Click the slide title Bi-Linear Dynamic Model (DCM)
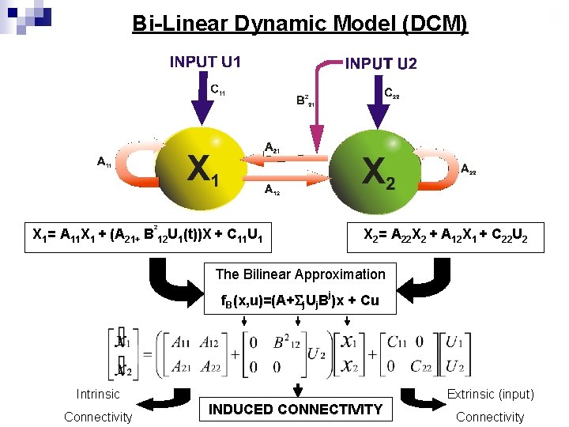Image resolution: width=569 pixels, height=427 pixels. click(300, 25)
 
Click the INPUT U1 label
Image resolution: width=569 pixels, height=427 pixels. click(205, 62)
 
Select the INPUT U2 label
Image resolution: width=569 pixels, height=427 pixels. click(381, 63)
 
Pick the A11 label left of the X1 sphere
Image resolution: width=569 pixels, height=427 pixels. click(104, 163)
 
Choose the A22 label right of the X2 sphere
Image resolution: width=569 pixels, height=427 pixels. click(468, 168)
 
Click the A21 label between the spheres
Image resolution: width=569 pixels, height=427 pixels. click(272, 147)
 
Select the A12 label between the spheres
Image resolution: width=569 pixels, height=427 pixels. click(271, 190)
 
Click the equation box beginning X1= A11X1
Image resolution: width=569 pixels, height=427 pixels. click(149, 234)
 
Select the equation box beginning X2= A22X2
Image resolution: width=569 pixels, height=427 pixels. click(445, 234)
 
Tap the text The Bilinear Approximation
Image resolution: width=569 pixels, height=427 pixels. click(300, 274)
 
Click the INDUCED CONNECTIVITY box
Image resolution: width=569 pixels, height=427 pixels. click(295, 409)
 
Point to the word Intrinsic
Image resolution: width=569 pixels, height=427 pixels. click(98, 394)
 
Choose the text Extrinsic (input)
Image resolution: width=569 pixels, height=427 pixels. click(490, 394)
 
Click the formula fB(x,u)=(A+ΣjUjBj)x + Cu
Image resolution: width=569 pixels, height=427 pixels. click(300, 301)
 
